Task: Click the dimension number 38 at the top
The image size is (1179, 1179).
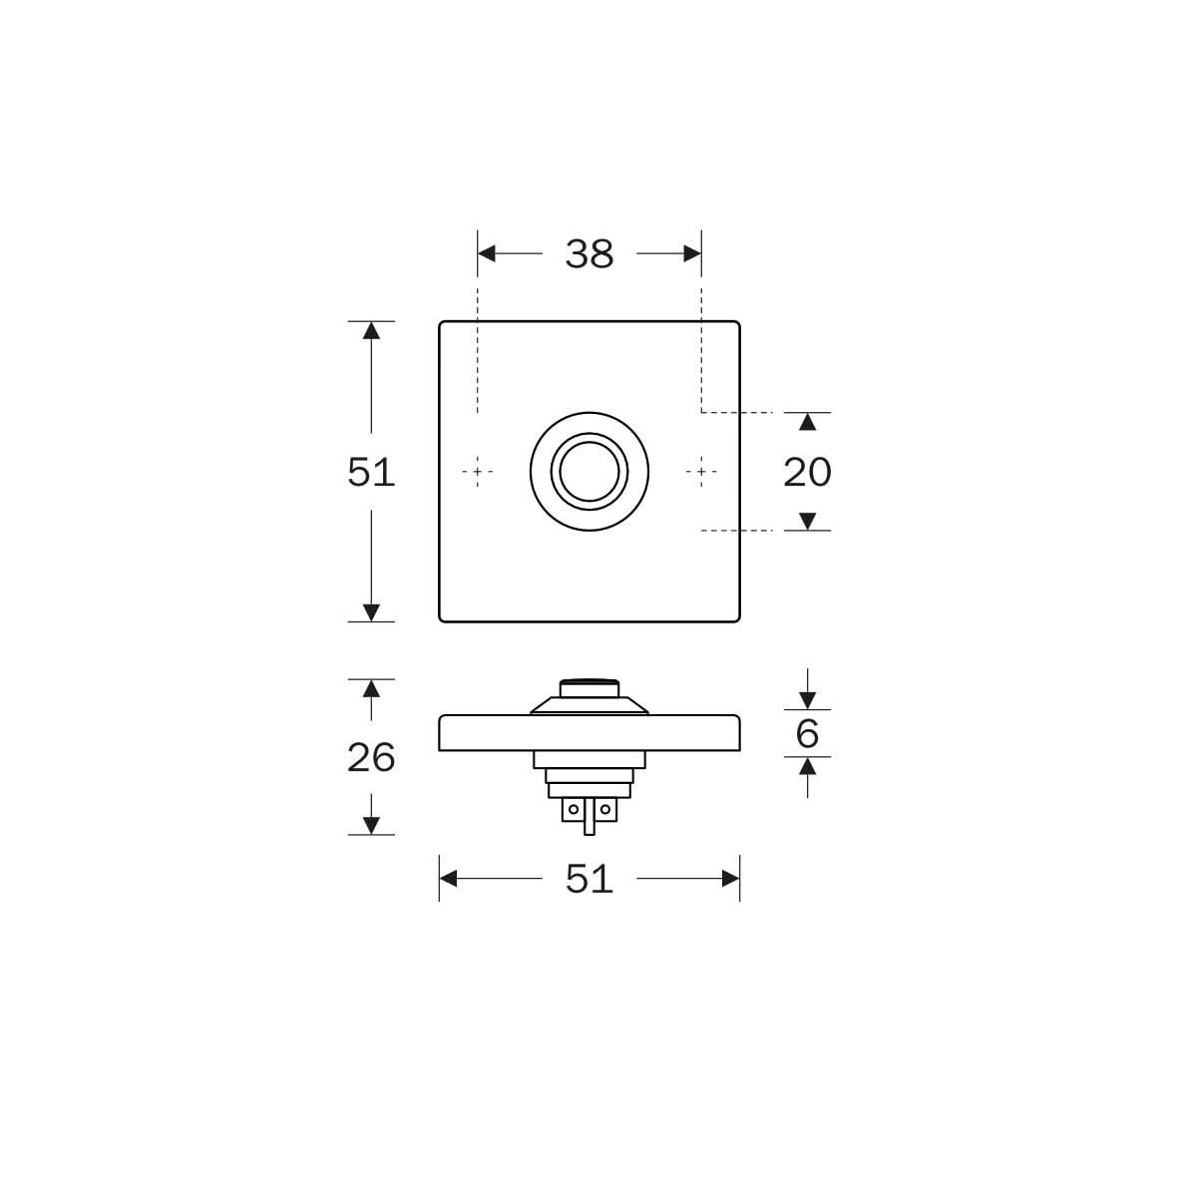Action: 589,254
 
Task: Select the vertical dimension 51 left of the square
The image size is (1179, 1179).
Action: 371,472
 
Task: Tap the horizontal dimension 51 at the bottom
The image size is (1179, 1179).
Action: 589,879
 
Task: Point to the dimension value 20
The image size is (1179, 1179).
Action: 807,472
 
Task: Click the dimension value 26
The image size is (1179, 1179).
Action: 371,758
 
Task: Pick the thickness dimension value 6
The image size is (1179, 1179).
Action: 807,734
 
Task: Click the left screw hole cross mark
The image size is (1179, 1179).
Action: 479,471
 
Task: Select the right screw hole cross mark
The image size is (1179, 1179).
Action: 702,471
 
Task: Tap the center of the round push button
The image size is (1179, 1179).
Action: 589,471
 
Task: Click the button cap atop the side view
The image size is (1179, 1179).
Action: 589,686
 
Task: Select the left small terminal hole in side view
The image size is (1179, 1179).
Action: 573,809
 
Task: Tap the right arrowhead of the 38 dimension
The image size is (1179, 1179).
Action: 692,254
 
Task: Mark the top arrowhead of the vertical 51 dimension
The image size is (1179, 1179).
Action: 371,330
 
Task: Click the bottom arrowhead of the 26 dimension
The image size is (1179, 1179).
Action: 371,825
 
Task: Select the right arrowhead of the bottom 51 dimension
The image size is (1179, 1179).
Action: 730,879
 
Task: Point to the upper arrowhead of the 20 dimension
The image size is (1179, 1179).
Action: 808,422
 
